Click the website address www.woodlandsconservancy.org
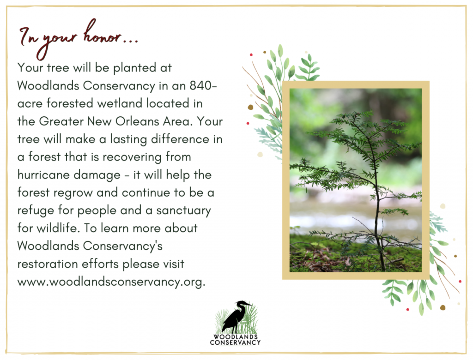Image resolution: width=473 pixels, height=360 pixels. pos(111,282)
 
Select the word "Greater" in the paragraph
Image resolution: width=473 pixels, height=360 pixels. pos(61,121)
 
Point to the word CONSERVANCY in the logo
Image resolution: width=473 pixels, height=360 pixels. pos(235,342)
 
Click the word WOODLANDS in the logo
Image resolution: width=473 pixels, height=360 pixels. pos(236,337)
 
